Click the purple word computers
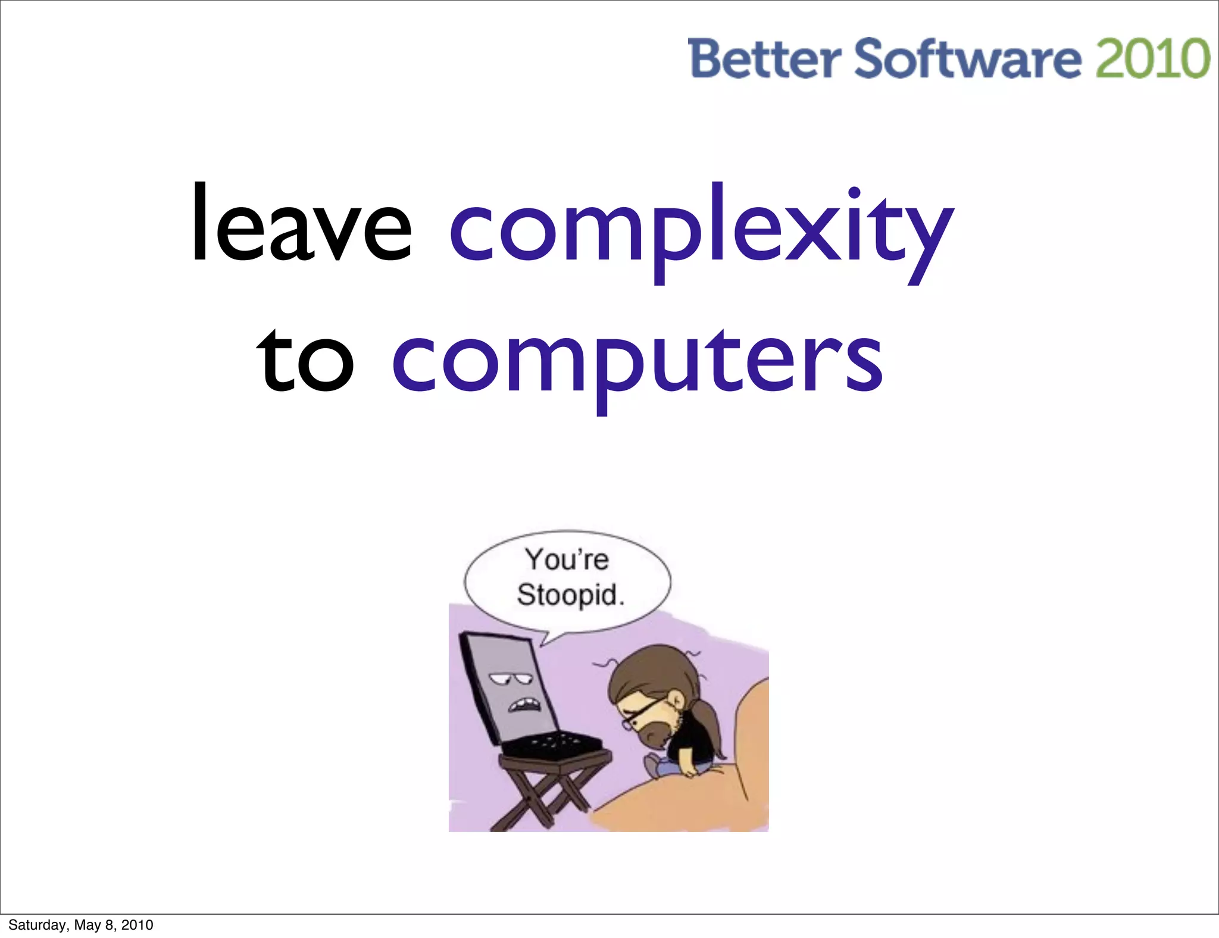click(637, 363)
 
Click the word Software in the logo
click(967, 60)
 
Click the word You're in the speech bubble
click(567, 559)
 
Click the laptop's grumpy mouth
click(524, 706)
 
